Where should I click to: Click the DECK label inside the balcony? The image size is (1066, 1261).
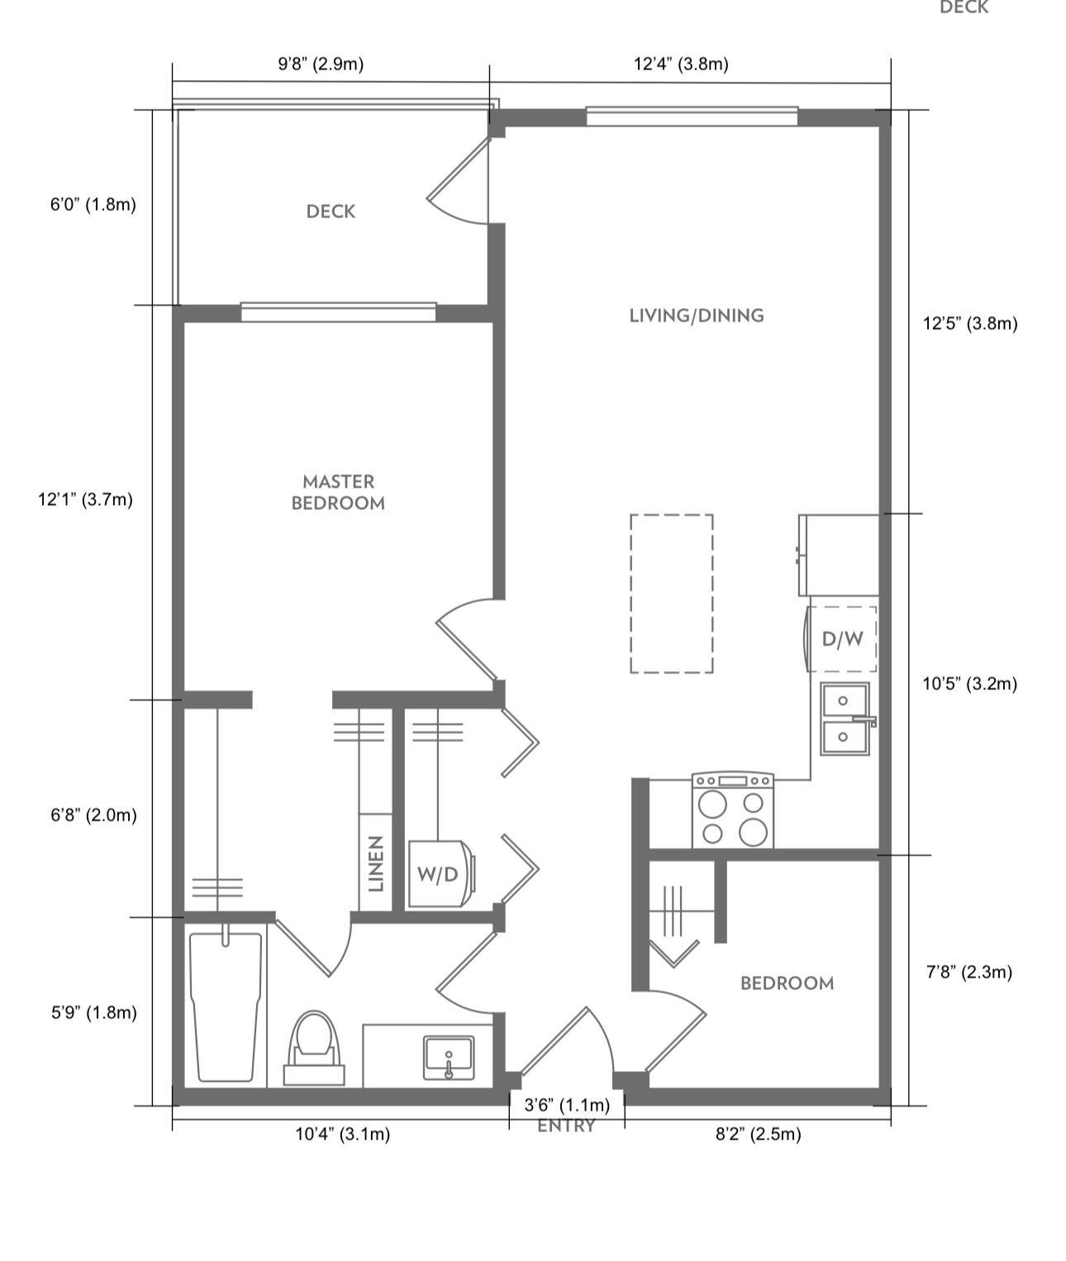[331, 212]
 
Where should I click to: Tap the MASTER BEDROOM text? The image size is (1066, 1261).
[338, 493]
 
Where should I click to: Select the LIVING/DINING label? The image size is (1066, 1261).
[696, 316]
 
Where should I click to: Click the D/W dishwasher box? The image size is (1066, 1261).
[842, 639]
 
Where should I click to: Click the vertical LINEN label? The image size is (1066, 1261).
[376, 864]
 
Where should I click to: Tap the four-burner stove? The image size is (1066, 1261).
[732, 811]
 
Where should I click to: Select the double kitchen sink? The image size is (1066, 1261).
[844, 718]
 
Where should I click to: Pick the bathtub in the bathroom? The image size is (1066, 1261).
[226, 1006]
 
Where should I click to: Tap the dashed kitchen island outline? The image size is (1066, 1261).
[671, 593]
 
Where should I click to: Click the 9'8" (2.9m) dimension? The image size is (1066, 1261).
[321, 64]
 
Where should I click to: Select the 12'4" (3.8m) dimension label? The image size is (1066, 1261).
[681, 64]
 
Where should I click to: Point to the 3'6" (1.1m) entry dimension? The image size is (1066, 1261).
[567, 1105]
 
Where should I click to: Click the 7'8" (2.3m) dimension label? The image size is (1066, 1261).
[968, 972]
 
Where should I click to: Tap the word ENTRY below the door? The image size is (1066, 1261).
[566, 1126]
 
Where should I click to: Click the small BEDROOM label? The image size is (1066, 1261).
[786, 983]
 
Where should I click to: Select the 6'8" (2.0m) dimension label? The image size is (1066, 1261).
[93, 816]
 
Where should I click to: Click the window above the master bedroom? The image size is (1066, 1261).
[338, 312]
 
